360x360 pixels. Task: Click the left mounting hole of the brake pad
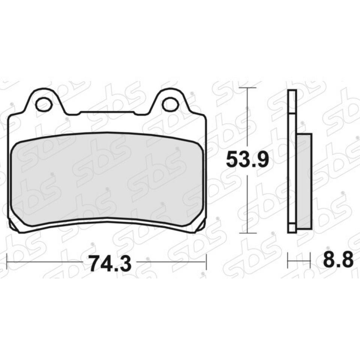pyautogui.click(x=44, y=104)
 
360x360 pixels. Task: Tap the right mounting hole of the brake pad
pyautogui.click(x=171, y=104)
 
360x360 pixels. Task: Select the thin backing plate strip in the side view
pyautogui.click(x=292, y=161)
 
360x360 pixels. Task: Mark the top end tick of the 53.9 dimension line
pyautogui.click(x=247, y=88)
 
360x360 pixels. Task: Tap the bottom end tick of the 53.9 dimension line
pyautogui.click(x=247, y=233)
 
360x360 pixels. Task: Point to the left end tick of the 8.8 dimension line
pyautogui.click(x=288, y=258)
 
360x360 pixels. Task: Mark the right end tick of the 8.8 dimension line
pyautogui.click(x=311, y=258)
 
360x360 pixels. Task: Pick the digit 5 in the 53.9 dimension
pyautogui.click(x=232, y=161)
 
